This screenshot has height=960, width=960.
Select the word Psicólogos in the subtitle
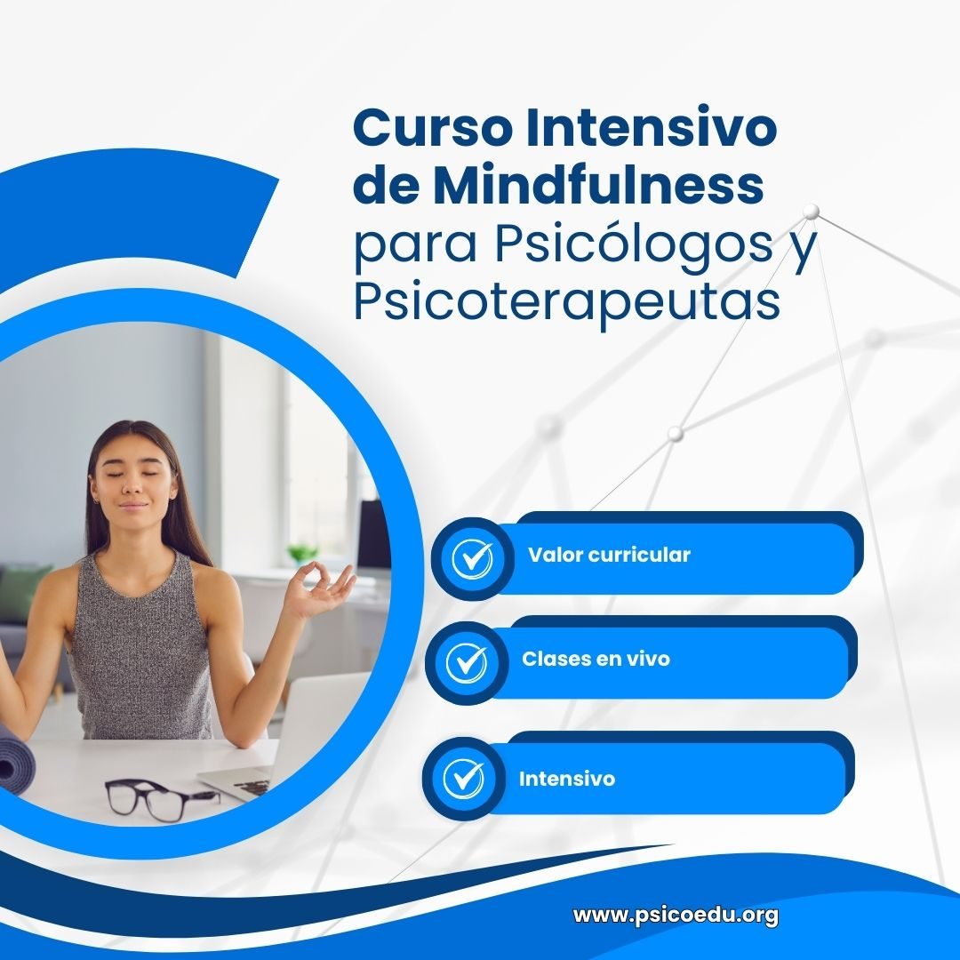point(634,244)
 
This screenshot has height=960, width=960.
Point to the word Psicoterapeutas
point(567,302)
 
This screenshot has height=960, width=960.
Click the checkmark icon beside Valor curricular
point(471,558)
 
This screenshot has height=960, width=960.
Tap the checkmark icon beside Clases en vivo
point(467,662)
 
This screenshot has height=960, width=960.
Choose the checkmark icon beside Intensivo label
point(463,778)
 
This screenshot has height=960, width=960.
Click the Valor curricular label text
point(609,555)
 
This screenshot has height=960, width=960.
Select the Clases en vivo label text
point(596,659)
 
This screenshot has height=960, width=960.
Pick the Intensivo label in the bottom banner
point(567,779)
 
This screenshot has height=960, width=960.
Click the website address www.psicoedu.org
point(676,916)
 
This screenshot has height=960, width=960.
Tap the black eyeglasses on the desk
point(160,797)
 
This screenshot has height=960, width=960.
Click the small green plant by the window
point(303,553)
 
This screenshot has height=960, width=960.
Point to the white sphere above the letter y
point(812,212)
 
